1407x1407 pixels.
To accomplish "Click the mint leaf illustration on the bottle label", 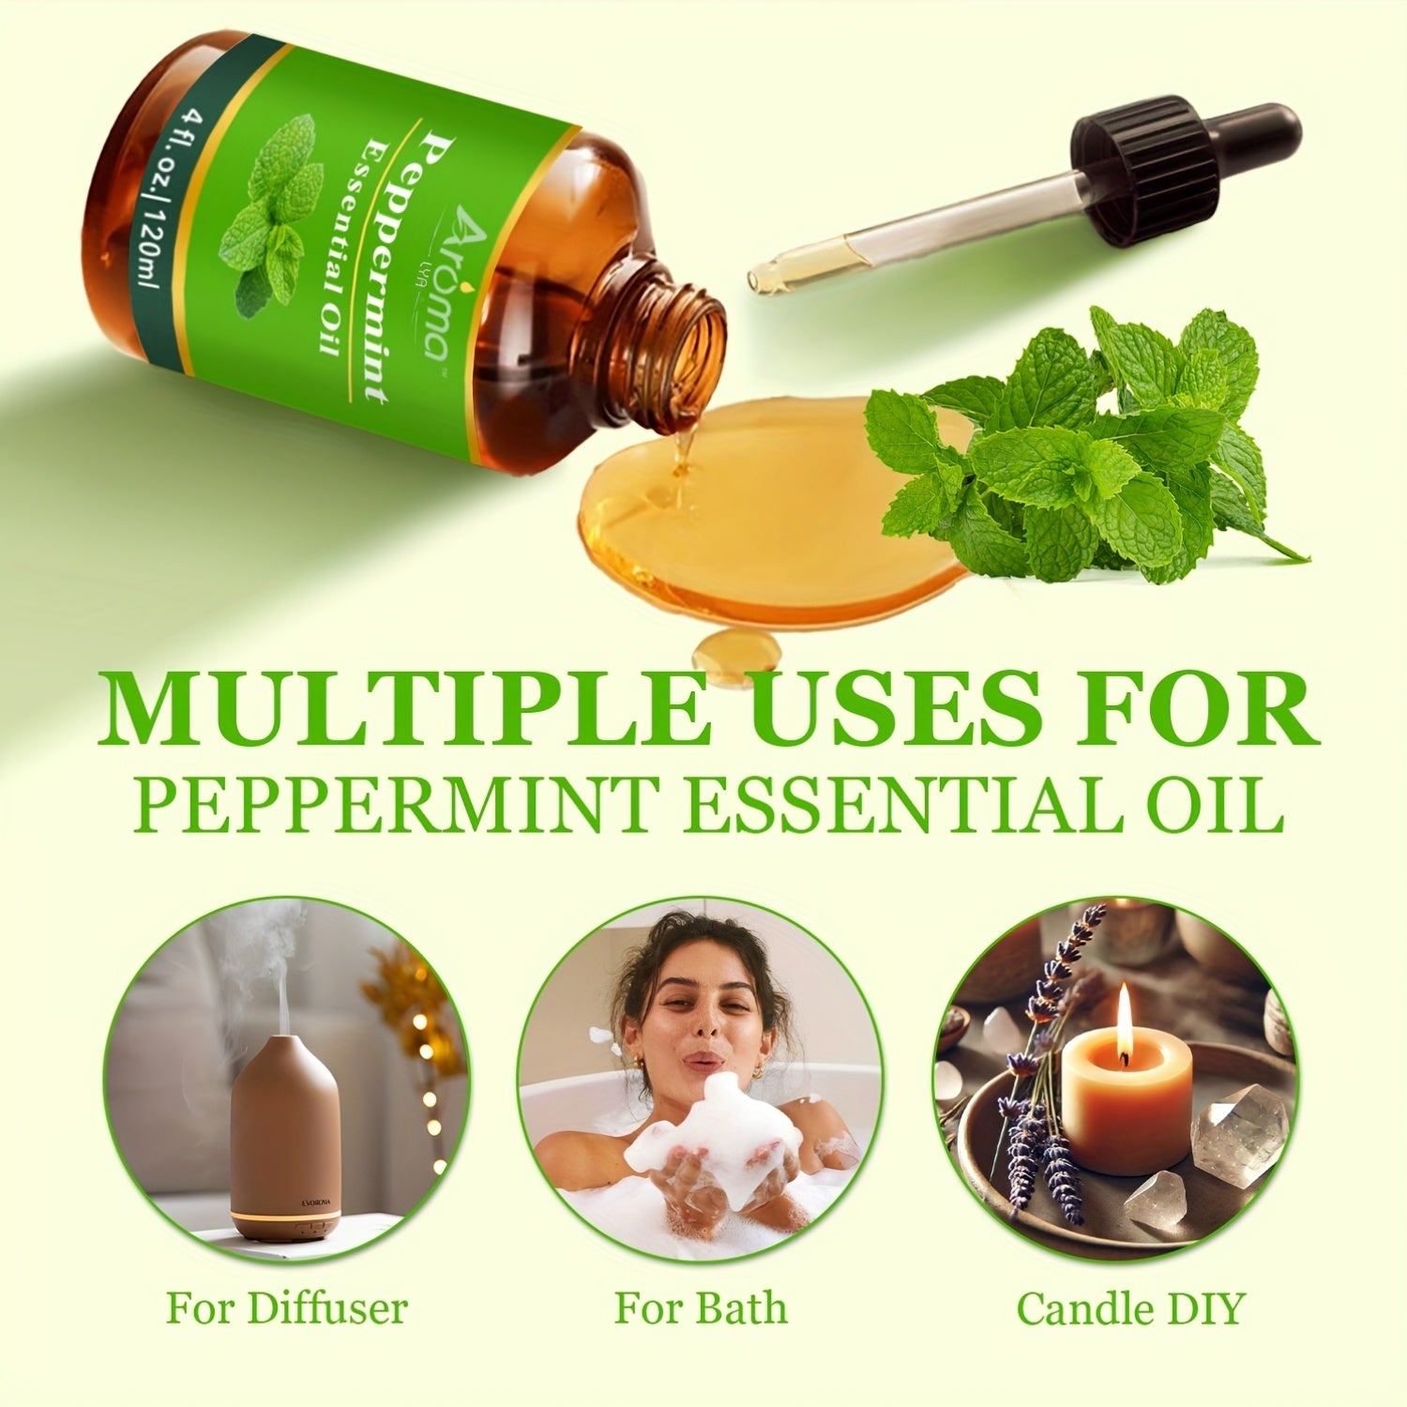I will [x=272, y=211].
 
